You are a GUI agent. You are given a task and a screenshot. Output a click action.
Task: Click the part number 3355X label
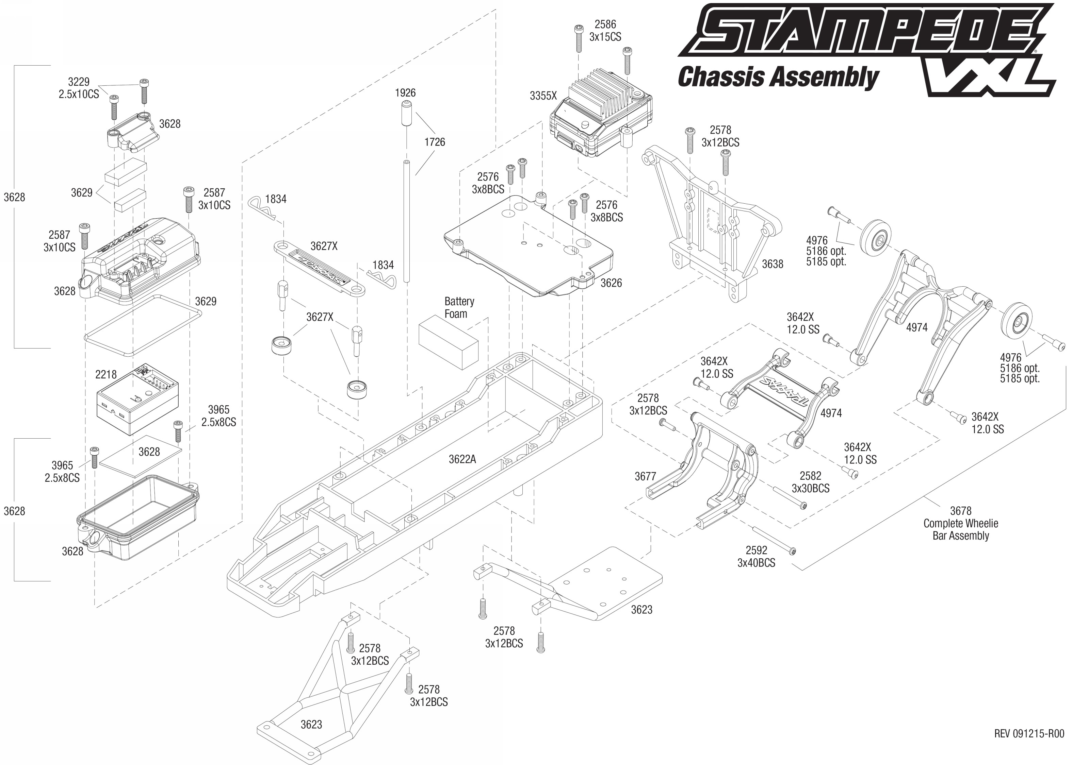pyautogui.click(x=543, y=96)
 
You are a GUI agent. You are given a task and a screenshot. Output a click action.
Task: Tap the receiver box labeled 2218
pyautogui.click(x=137, y=400)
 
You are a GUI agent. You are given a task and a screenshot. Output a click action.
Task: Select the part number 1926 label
pyautogui.click(x=405, y=93)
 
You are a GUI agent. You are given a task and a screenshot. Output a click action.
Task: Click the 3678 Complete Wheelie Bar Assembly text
pyautogui.click(x=961, y=523)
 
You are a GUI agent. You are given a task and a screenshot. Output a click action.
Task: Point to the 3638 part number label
pyautogui.click(x=773, y=264)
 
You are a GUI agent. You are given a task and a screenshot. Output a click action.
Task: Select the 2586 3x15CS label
pyautogui.click(x=605, y=31)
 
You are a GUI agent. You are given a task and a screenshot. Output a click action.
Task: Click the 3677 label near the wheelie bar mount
pyautogui.click(x=645, y=477)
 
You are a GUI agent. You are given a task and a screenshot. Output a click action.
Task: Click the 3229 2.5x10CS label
pyautogui.click(x=79, y=88)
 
